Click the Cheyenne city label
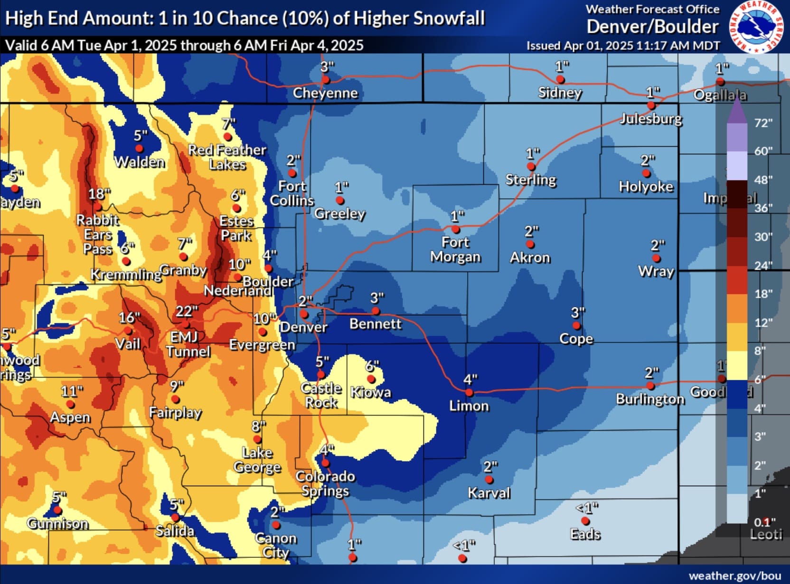(x=325, y=93)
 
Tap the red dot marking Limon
(x=469, y=393)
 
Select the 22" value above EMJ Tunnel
(x=186, y=311)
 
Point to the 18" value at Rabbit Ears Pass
(x=99, y=194)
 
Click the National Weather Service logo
(x=756, y=27)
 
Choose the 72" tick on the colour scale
(x=763, y=123)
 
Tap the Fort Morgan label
(x=455, y=250)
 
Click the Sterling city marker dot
(x=531, y=167)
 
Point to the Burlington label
(x=650, y=399)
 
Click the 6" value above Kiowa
(x=372, y=366)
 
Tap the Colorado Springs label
(x=325, y=483)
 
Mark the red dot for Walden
(x=139, y=149)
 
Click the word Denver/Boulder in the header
(x=652, y=27)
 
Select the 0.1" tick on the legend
(x=764, y=522)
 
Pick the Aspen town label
(x=70, y=417)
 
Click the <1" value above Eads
(x=587, y=508)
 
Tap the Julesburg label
(x=651, y=119)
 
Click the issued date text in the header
(x=623, y=46)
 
